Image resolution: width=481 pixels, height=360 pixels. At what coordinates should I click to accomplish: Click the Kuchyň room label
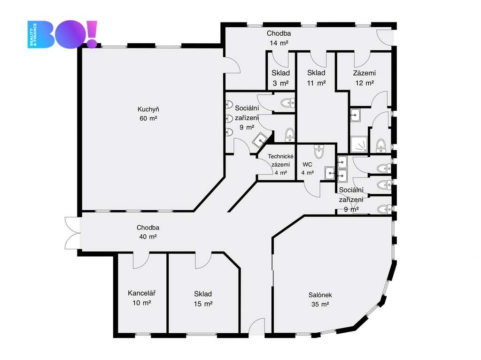[x=148, y=109]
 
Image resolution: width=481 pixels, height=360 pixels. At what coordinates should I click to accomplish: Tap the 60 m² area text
[x=148, y=118]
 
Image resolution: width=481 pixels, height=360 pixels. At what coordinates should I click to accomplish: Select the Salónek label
[x=320, y=295]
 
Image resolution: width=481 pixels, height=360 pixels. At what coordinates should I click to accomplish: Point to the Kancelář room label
[x=141, y=293]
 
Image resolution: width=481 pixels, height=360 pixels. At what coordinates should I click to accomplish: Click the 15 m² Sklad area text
[x=203, y=304]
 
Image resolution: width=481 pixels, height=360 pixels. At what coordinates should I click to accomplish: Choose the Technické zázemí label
[x=281, y=161]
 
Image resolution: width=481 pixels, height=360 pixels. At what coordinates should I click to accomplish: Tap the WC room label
[x=307, y=164]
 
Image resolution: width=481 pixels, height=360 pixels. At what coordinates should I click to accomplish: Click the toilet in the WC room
[x=319, y=151]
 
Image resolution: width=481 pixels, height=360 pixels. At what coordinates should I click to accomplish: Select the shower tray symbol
[x=359, y=144]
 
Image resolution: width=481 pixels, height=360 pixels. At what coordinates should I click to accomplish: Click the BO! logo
[x=62, y=34]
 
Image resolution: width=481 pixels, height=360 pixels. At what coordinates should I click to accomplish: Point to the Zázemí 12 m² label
[x=364, y=78]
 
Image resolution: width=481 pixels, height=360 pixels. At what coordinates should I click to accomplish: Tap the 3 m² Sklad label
[x=280, y=78]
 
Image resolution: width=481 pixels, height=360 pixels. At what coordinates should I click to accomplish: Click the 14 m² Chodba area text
[x=279, y=43]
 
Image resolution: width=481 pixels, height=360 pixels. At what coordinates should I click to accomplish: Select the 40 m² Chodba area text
[x=148, y=237]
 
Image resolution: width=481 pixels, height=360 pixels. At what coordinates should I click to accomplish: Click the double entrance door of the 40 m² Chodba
[x=73, y=233]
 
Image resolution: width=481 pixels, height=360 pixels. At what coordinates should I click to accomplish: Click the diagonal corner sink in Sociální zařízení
[x=259, y=140]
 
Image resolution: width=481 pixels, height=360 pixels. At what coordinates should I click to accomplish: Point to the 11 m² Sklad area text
[x=316, y=83]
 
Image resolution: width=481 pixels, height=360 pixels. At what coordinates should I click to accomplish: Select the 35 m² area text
[x=320, y=304]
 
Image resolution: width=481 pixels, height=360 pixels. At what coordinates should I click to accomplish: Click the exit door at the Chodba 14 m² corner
[x=385, y=37]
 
